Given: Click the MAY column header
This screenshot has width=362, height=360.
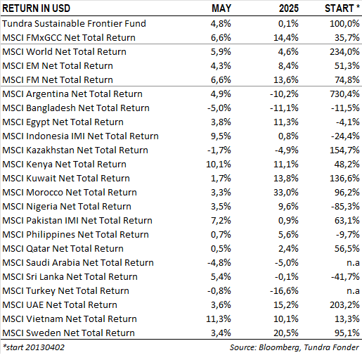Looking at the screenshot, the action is coord(221,8).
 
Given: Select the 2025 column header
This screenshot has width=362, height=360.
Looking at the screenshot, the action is coord(289,8).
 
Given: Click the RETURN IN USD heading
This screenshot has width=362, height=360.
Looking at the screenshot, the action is coord(37,8).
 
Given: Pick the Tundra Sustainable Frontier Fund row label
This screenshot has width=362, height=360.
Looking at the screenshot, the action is coord(74,23).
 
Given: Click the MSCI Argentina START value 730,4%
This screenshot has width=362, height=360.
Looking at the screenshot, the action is coord(344,94).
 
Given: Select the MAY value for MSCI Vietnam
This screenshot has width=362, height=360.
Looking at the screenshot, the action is coord(219,319).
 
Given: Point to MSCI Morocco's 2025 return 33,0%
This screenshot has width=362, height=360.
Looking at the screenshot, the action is coord(286,193).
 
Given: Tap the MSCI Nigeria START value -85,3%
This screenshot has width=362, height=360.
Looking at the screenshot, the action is coord(345,207).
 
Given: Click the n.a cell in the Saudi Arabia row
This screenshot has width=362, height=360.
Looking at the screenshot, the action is coord(353,263).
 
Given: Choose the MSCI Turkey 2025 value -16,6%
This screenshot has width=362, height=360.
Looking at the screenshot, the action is coord(284,291).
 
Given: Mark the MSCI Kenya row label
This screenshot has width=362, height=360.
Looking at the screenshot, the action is coord(64,165).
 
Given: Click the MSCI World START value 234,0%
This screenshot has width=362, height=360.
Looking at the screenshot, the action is coord(344,52).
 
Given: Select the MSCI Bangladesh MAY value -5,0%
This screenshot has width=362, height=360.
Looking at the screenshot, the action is coord(219,108).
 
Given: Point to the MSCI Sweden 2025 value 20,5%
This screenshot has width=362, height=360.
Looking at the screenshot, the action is coord(286,333).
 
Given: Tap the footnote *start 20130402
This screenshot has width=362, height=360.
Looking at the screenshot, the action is coord(33,347).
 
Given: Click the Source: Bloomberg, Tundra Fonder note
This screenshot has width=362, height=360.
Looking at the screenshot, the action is coord(295,347).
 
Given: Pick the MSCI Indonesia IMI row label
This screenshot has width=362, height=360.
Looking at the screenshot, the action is coord(80,136).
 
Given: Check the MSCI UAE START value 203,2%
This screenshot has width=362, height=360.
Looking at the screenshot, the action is coord(344,305).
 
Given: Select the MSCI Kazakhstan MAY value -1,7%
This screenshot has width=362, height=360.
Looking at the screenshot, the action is coord(219,150).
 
